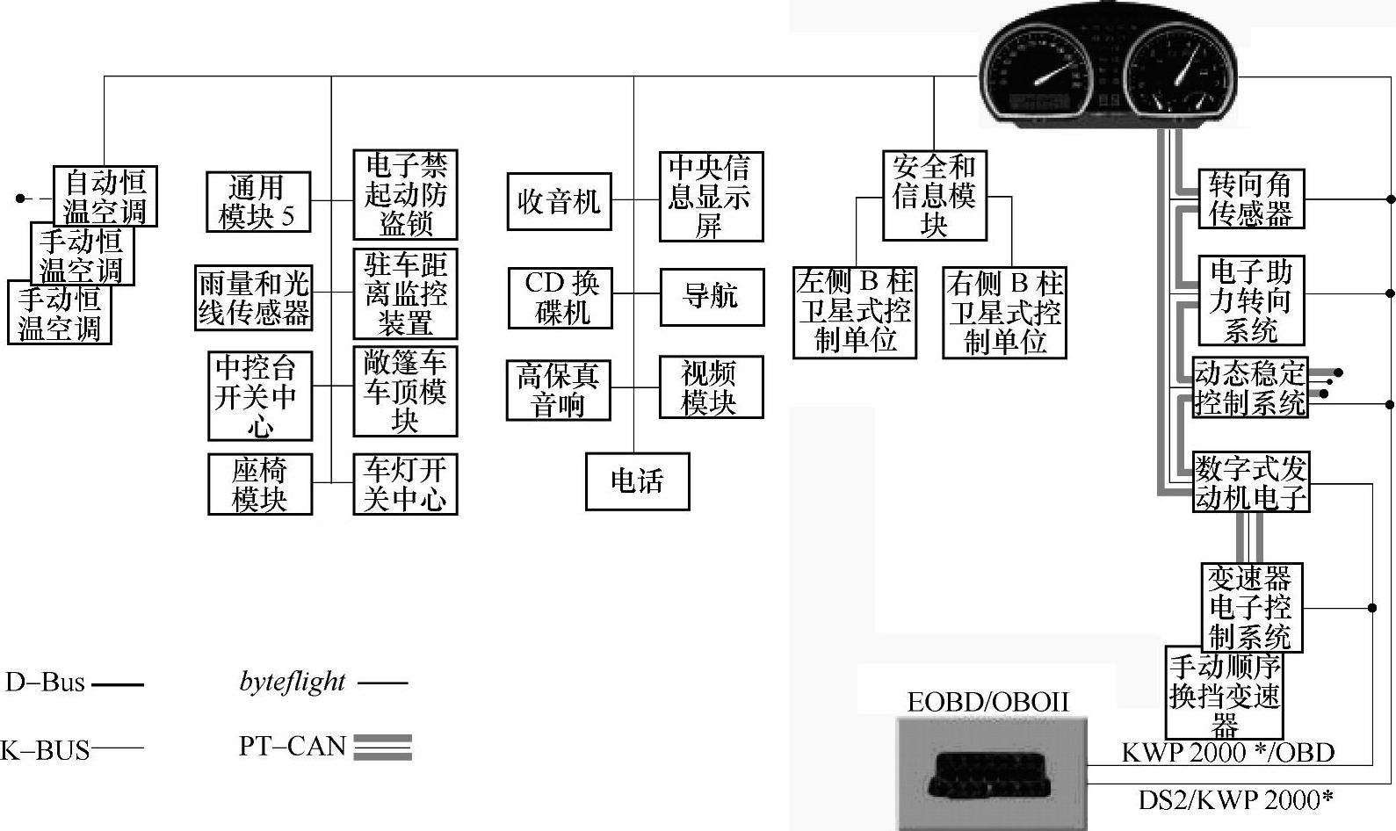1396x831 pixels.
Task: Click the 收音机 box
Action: tap(559, 202)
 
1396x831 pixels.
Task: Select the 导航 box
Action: tap(711, 296)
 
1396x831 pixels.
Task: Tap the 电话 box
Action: tap(637, 481)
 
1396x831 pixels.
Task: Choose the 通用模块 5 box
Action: tap(257, 202)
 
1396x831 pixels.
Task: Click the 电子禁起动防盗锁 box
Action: tap(405, 194)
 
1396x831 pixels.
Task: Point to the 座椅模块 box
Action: tap(260, 484)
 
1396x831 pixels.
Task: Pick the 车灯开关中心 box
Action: tap(405, 484)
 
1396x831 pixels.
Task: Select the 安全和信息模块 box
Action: tap(934, 195)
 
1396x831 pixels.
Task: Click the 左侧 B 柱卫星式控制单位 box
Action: tap(854, 313)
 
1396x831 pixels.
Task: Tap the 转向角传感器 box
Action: tap(1251, 199)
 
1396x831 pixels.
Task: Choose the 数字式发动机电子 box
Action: tap(1250, 482)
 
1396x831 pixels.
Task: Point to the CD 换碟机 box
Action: tap(560, 298)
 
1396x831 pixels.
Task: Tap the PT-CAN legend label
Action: tap(293, 747)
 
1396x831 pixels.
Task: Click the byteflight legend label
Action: tap(293, 682)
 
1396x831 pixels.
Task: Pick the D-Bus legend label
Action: tap(45, 683)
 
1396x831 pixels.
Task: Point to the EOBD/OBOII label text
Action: tap(988, 702)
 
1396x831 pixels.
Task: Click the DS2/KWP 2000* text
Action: tap(1235, 800)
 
